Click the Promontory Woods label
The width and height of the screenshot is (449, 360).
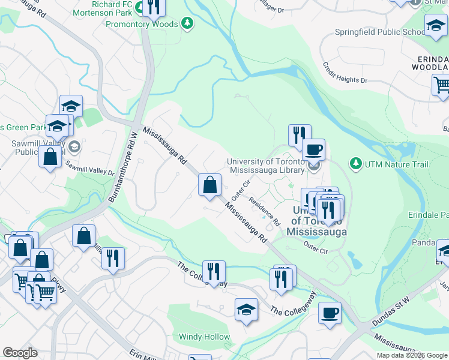142,24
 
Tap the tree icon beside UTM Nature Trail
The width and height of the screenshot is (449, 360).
356,163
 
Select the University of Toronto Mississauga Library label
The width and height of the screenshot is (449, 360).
265,166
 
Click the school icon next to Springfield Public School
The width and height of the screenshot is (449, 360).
435,25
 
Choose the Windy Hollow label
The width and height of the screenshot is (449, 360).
204,337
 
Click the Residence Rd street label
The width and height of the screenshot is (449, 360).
265,212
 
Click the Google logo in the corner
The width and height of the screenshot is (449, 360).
20,353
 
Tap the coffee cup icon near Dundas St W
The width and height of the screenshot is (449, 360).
329,312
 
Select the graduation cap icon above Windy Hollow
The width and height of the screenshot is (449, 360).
246,310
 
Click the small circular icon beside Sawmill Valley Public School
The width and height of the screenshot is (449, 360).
74,146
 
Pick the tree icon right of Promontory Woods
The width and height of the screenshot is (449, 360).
188,23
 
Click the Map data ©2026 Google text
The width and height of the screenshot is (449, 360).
412,355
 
